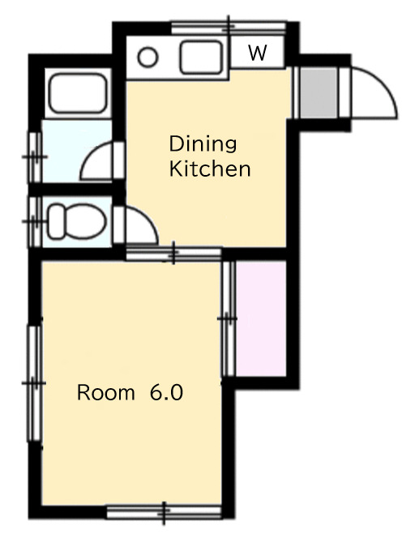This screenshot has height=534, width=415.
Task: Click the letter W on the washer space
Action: point(257,53)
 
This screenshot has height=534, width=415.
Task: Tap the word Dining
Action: point(203,143)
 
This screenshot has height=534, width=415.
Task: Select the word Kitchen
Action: point(210,169)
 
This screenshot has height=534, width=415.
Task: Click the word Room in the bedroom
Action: point(106,393)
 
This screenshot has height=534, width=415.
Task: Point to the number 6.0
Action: point(166,393)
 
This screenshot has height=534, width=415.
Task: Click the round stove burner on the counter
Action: point(148,58)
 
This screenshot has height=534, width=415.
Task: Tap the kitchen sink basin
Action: point(201,58)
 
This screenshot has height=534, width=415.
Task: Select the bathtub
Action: point(78,93)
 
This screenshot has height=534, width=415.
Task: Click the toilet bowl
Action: point(77,221)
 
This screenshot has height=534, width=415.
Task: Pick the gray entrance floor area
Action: point(319,92)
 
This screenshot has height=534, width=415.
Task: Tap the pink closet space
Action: point(261,318)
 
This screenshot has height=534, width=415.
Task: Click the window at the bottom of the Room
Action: point(165,512)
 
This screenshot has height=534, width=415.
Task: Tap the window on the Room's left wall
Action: point(34,383)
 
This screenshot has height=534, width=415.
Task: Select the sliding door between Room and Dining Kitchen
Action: point(173,253)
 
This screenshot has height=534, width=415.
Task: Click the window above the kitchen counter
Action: point(229,28)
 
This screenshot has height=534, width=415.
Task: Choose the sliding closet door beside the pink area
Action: point(228,318)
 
